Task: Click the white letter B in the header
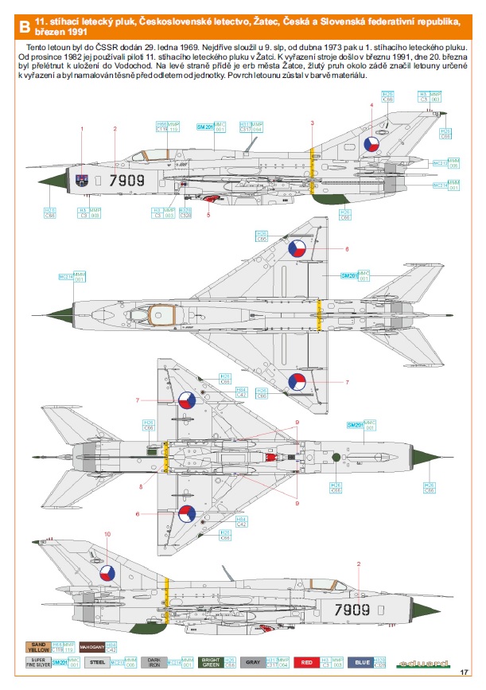coord(25,29)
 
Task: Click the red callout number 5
coord(209,215)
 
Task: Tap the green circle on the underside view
coord(336,456)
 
